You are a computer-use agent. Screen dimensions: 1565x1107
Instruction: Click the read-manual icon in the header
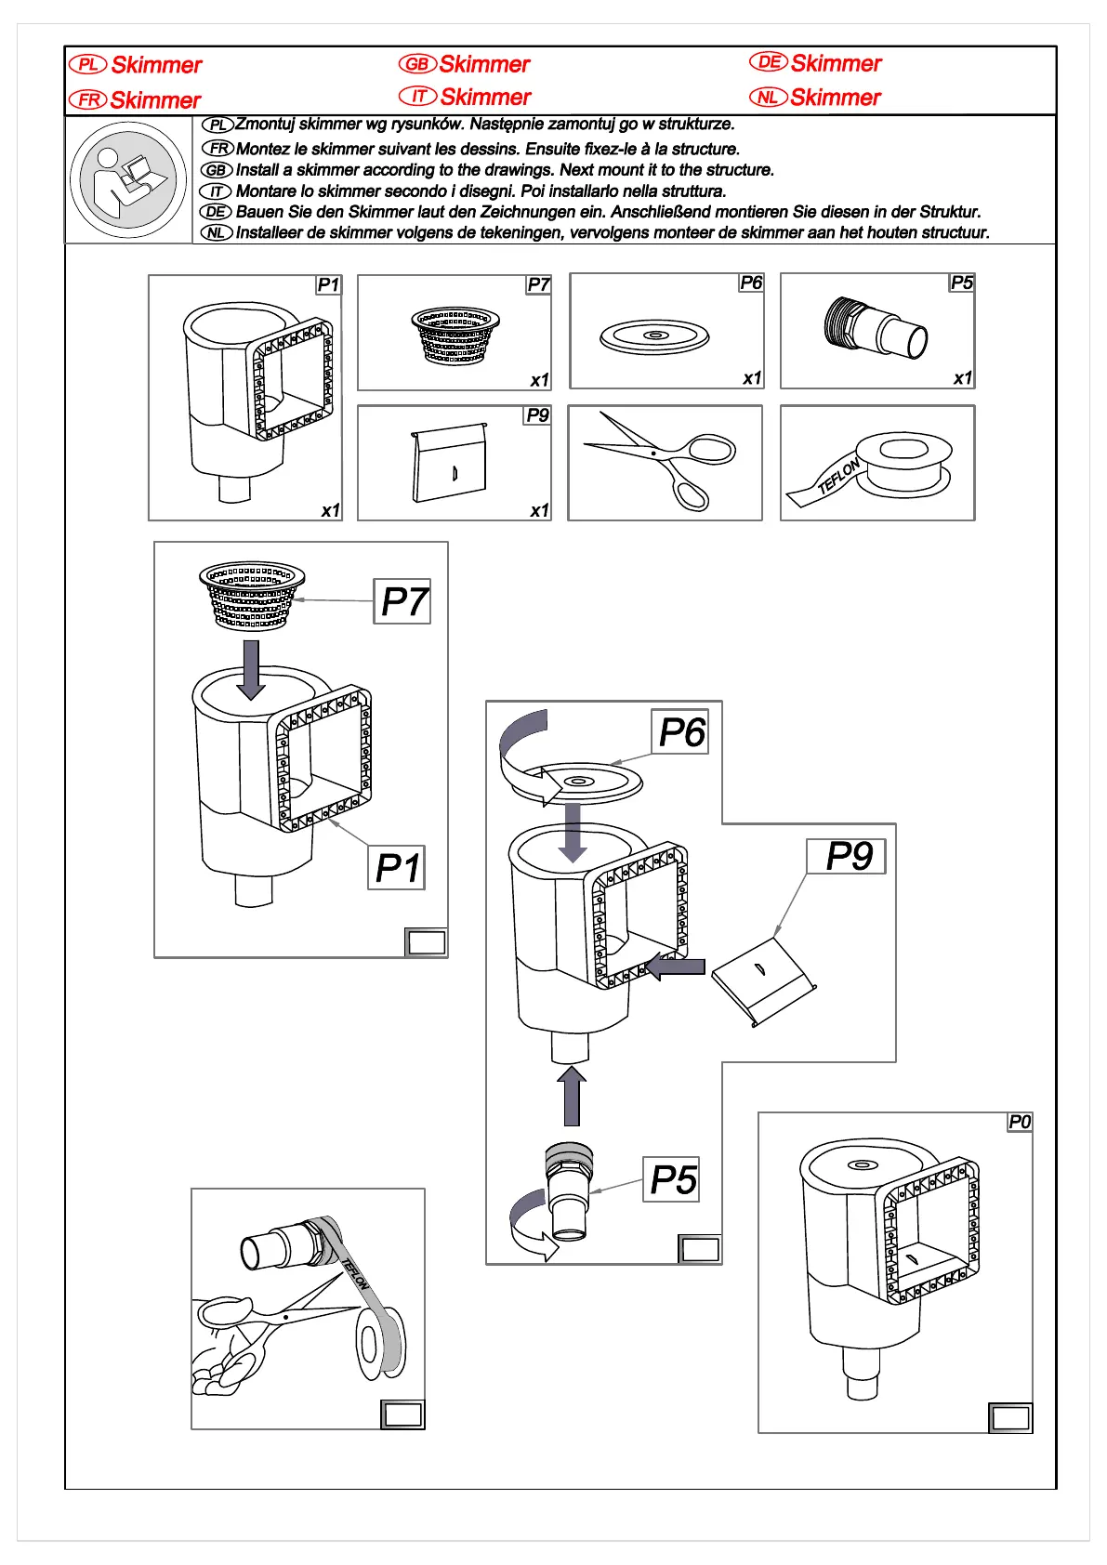(128, 180)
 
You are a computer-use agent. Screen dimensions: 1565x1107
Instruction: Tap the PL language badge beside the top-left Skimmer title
(87, 64)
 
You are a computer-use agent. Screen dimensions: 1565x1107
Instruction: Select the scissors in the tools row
(663, 460)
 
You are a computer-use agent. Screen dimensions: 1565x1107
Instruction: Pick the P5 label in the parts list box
(961, 283)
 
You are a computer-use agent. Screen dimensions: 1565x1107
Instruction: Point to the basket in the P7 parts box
(455, 335)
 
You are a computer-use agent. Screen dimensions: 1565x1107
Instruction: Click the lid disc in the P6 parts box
(654, 336)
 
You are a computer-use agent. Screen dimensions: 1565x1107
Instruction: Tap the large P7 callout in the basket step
(402, 601)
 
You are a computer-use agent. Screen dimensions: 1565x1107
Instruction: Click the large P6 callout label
(681, 732)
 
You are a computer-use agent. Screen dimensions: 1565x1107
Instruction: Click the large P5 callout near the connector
(672, 1180)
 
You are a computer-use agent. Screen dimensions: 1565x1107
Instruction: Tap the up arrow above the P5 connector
(572, 1096)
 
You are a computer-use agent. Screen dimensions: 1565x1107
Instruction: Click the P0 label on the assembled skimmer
(1020, 1122)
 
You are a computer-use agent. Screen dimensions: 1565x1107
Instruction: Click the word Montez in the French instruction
(263, 149)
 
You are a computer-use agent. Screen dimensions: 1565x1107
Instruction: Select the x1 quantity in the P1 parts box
(330, 510)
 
